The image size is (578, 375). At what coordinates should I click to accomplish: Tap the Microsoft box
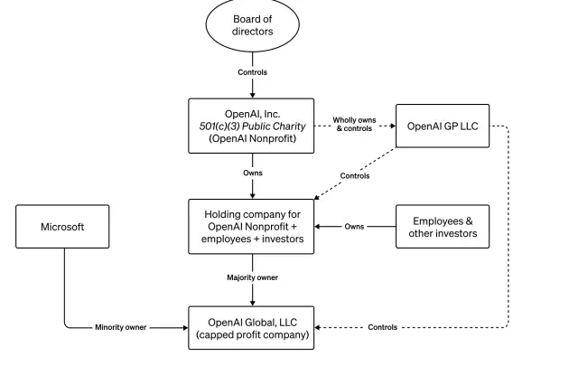62,227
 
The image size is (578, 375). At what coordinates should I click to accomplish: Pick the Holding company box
253,226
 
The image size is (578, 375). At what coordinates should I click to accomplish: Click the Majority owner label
253,277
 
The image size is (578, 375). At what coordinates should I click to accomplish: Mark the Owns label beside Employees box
355,227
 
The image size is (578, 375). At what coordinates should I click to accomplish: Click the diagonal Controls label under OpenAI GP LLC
353,176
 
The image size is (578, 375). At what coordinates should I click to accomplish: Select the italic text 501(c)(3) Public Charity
253,126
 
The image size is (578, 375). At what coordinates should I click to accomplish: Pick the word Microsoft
62,227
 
